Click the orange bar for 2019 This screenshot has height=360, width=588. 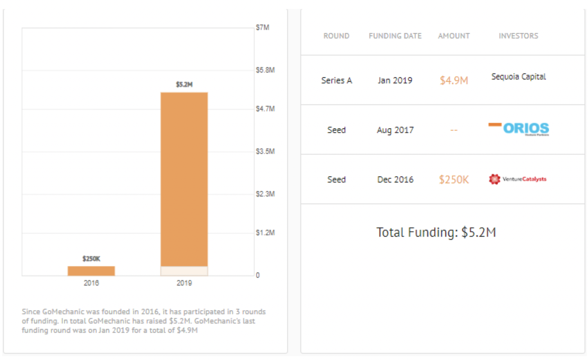pos(184,179)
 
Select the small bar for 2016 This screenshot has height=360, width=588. pos(91,271)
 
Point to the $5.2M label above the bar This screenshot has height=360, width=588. pos(184,84)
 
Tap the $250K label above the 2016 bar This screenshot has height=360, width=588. pos(91,259)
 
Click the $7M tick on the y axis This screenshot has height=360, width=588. pos(262,27)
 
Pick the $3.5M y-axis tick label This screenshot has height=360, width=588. pos(265,151)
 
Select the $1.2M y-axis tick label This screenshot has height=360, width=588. pos(265,233)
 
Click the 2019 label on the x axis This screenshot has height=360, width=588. pos(184,283)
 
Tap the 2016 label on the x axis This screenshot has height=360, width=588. pos(91,283)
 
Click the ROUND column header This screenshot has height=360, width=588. pos(336,36)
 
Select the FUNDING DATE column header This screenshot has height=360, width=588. pos(395,36)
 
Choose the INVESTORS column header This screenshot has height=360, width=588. pos(518,36)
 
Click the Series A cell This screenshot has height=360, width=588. pos(336,81)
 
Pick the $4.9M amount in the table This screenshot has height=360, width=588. pos(454,81)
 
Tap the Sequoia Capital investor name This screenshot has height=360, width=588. pos(518,77)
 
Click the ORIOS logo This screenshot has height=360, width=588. pos(519,129)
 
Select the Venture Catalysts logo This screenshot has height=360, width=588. pos(518,179)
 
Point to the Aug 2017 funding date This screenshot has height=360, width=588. pos(395,130)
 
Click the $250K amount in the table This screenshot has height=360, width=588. pos(454,179)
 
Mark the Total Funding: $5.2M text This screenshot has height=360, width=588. pos(436,232)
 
